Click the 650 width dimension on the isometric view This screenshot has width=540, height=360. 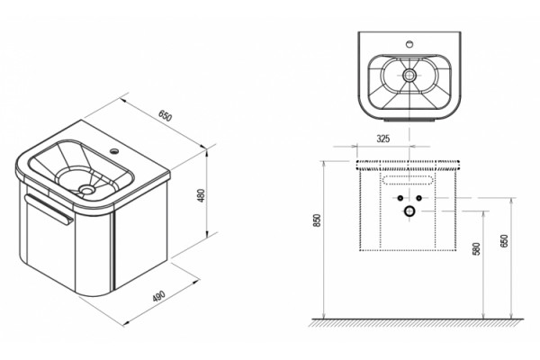coord(165,116)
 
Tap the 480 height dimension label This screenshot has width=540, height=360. coord(202,195)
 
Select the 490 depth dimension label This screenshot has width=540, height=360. coord(158,297)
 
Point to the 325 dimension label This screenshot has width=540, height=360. coord(383,139)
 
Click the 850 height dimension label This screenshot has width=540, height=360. coord(317,220)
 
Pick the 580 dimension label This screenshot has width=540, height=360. coord(476,248)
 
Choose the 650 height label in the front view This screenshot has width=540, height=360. coord(504,241)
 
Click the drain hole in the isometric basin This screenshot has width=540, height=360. coord(85,189)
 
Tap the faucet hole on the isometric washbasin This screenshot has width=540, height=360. coord(113,150)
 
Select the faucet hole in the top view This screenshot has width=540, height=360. coord(409,44)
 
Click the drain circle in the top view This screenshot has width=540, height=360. coord(409,75)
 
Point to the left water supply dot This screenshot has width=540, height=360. coord(400,198)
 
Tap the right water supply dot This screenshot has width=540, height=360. coord(418,198)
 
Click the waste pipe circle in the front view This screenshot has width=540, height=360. coord(409,211)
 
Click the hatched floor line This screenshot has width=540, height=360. coord(417,322)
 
